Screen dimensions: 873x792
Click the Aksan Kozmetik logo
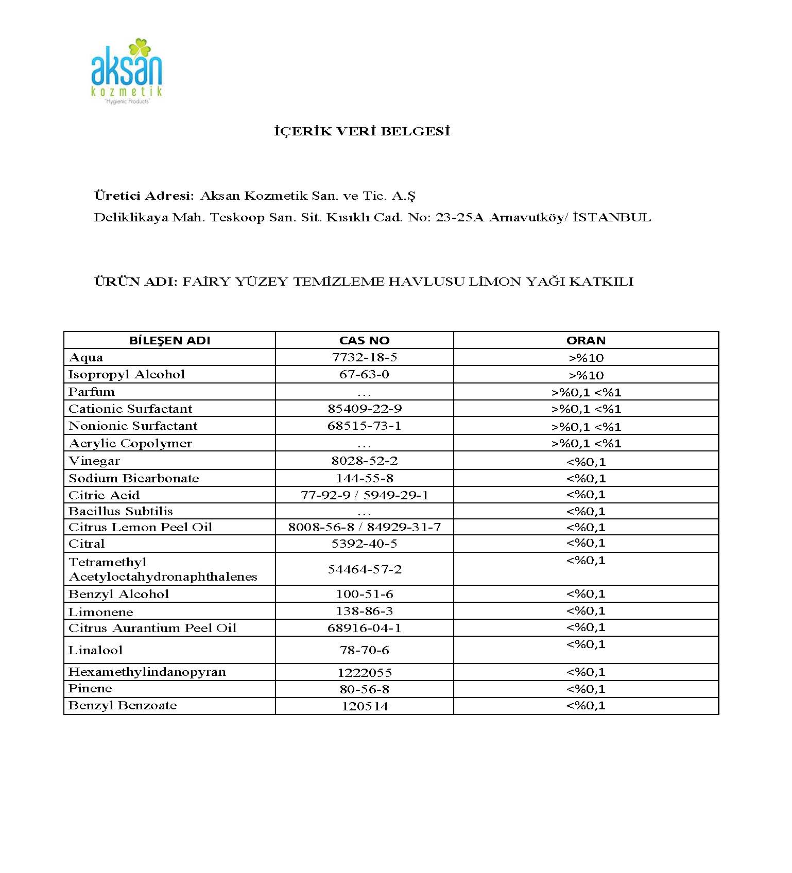[126, 71]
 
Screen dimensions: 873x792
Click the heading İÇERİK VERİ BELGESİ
[362, 131]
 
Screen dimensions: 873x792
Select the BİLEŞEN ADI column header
[169, 340]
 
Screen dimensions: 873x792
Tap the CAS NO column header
[364, 340]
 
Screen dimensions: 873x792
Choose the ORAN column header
[586, 340]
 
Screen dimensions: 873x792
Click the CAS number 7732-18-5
[364, 357]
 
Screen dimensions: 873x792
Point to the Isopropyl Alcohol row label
[127, 374]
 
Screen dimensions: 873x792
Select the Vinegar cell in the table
[94, 461]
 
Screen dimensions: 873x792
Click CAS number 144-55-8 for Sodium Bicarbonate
[364, 478]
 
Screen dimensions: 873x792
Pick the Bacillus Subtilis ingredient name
[120, 511]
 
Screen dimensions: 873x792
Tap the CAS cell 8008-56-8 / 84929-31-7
[364, 527]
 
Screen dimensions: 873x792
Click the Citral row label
[87, 544]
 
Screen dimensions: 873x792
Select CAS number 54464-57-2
[364, 569]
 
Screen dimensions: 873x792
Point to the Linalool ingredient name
[96, 650]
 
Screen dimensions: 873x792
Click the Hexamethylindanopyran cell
[147, 672]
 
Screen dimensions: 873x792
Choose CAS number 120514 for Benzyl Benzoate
[364, 706]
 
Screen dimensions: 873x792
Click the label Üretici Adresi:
[144, 196]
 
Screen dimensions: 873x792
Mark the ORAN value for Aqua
[586, 358]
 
